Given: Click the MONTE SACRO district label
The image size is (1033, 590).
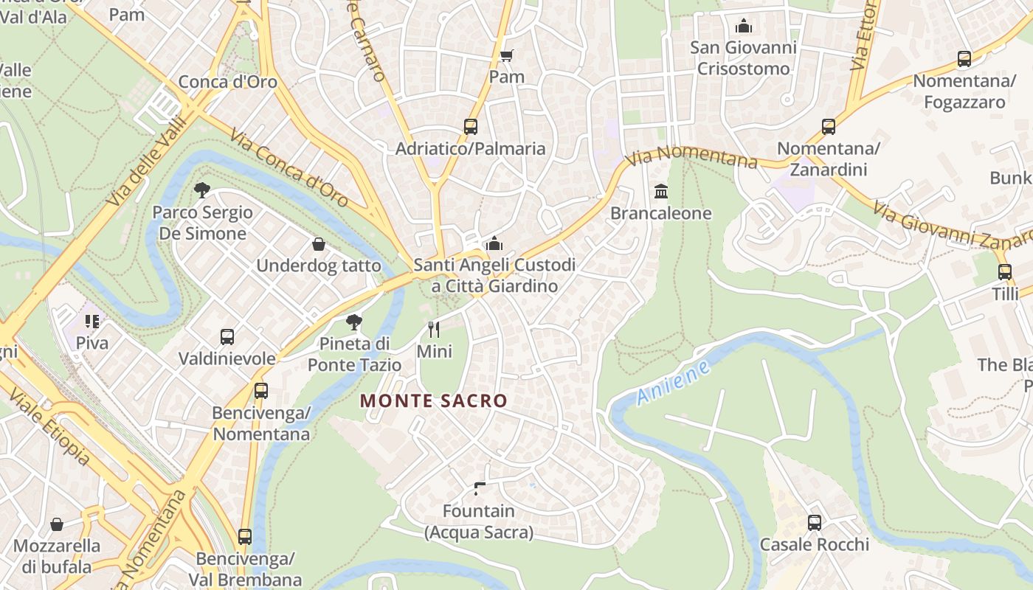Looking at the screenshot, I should pyautogui.click(x=434, y=401).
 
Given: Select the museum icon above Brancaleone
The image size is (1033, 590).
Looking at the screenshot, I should pyautogui.click(x=661, y=192).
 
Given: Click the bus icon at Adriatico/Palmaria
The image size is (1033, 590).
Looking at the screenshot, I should pyautogui.click(x=471, y=126).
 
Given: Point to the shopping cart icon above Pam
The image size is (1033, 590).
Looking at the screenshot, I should pyautogui.click(x=506, y=55).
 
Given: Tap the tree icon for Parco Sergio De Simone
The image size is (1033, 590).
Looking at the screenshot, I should pyautogui.click(x=202, y=190).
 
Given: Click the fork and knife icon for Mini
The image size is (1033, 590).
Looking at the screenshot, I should pyautogui.click(x=434, y=329).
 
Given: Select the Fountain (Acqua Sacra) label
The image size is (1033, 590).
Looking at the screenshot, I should pyautogui.click(x=478, y=521).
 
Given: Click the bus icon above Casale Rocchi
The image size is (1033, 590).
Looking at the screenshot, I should pyautogui.click(x=815, y=522).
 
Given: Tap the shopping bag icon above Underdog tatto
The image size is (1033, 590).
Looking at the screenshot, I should pyautogui.click(x=319, y=243).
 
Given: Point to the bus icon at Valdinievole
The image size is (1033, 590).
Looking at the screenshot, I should pyautogui.click(x=227, y=337).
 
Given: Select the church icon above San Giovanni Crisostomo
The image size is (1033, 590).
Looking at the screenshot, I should pyautogui.click(x=744, y=27).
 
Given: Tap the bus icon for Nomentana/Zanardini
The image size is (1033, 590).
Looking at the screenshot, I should pyautogui.click(x=829, y=126).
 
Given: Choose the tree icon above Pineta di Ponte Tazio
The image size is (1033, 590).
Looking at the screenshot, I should pyautogui.click(x=354, y=322).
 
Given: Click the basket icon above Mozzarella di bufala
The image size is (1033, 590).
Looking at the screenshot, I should pyautogui.click(x=57, y=524).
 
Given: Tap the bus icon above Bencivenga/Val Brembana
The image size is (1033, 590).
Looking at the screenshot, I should pyautogui.click(x=245, y=536).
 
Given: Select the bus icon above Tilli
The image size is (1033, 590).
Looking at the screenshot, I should pyautogui.click(x=1004, y=271).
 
